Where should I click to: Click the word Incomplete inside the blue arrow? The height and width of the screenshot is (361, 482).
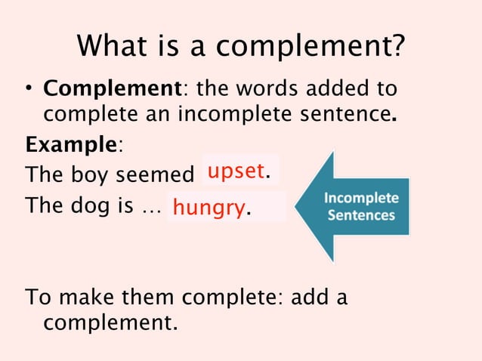(x=361, y=199)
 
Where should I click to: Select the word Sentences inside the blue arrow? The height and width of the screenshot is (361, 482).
(x=361, y=215)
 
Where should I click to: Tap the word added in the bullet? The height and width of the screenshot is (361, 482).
(x=336, y=89)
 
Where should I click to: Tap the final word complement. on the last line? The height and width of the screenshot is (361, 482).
(x=107, y=323)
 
